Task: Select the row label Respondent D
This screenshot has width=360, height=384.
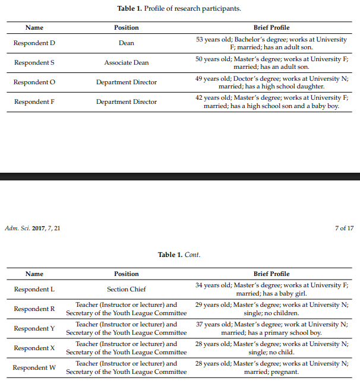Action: (x=34, y=43)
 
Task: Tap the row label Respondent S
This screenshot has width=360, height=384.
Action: (x=34, y=62)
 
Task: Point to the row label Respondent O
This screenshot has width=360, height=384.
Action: (x=34, y=82)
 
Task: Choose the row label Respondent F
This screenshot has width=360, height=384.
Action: (x=34, y=101)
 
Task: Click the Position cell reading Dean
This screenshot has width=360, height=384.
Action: (x=127, y=43)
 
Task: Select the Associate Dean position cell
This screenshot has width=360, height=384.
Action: (x=127, y=62)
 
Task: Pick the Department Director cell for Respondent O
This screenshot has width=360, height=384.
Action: (x=127, y=82)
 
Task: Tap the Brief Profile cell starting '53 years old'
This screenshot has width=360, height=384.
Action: (x=271, y=43)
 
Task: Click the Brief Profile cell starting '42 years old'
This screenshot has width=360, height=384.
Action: (x=271, y=101)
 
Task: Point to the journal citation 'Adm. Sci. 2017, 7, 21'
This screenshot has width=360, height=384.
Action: (x=32, y=228)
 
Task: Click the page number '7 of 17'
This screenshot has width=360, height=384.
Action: (x=344, y=228)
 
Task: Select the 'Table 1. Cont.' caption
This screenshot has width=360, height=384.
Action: (x=179, y=255)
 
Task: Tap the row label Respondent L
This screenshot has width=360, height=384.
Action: (x=34, y=289)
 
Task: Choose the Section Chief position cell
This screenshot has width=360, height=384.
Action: (x=127, y=289)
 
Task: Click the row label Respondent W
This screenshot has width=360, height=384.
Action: (x=34, y=367)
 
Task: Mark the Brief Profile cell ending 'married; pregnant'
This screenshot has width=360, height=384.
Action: (x=271, y=367)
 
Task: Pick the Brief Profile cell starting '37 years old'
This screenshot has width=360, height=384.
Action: (x=271, y=328)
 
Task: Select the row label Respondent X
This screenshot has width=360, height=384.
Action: (x=34, y=348)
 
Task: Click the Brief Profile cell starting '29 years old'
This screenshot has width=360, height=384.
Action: (x=271, y=309)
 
